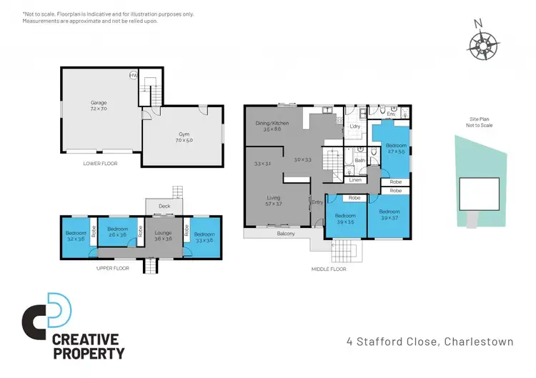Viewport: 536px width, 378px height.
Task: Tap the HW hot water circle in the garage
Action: click(x=133, y=76)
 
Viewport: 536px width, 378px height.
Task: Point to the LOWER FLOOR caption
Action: click(x=100, y=163)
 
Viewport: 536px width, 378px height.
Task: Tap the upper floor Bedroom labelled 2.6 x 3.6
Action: click(x=117, y=232)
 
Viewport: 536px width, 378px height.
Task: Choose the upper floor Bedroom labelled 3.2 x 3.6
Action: click(x=75, y=236)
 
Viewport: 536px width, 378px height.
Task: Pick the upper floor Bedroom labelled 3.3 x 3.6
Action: click(x=204, y=237)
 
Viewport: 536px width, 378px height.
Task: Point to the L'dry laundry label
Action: click(x=354, y=127)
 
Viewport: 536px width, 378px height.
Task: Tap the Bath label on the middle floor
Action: click(x=360, y=161)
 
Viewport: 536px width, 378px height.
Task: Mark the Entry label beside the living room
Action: click(x=318, y=203)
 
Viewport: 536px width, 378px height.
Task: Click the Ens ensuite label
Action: click(x=391, y=114)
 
